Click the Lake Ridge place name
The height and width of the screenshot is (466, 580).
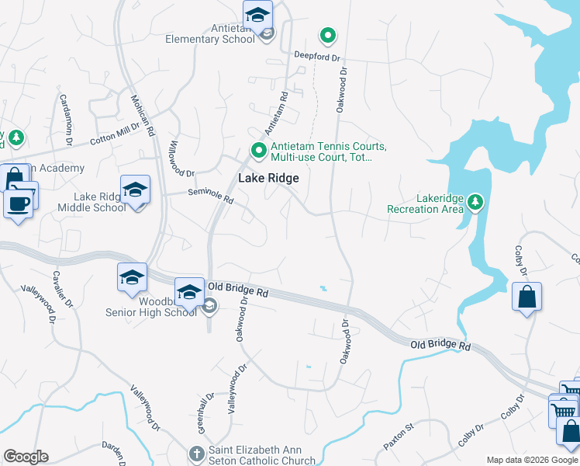point(268,178)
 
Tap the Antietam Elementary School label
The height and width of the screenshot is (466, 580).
point(211,33)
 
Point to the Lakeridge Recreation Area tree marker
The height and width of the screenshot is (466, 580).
point(475,203)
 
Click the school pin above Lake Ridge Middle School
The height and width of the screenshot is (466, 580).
point(136,191)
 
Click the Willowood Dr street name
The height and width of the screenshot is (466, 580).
point(180,158)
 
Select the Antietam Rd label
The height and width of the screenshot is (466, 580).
point(277,113)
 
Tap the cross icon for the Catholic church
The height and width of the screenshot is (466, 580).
point(197,453)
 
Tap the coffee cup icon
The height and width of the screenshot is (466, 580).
point(17,204)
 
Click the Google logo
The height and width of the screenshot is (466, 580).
point(26,457)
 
